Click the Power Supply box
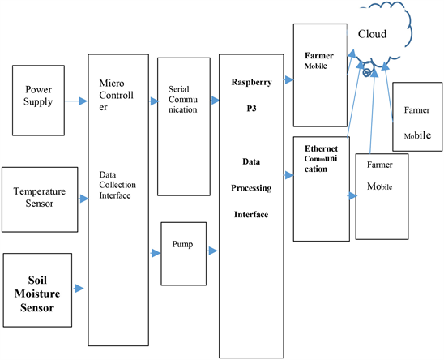click(40, 102)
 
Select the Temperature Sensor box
click(40, 197)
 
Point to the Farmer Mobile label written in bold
click(318, 61)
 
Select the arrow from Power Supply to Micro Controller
click(77, 101)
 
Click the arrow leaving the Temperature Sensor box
click(82, 196)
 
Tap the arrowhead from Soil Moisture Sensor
click(80, 287)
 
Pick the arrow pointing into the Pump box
click(155, 253)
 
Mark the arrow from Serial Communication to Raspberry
click(214, 101)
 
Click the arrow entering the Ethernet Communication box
click(288, 174)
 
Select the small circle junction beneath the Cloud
click(366, 72)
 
